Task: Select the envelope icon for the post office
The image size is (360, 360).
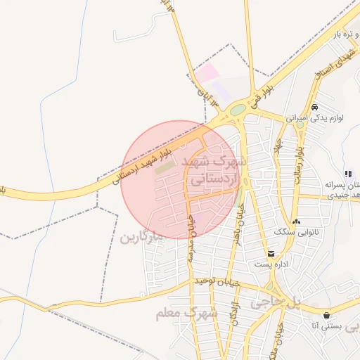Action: (x=271, y=254)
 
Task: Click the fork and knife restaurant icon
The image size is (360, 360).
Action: (x=347, y=174)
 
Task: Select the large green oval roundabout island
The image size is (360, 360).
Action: (x=238, y=110)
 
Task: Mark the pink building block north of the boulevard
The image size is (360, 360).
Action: (x=207, y=72)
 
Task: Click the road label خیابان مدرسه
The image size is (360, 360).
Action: (x=191, y=239)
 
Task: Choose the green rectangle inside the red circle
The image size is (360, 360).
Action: (x=164, y=168)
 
